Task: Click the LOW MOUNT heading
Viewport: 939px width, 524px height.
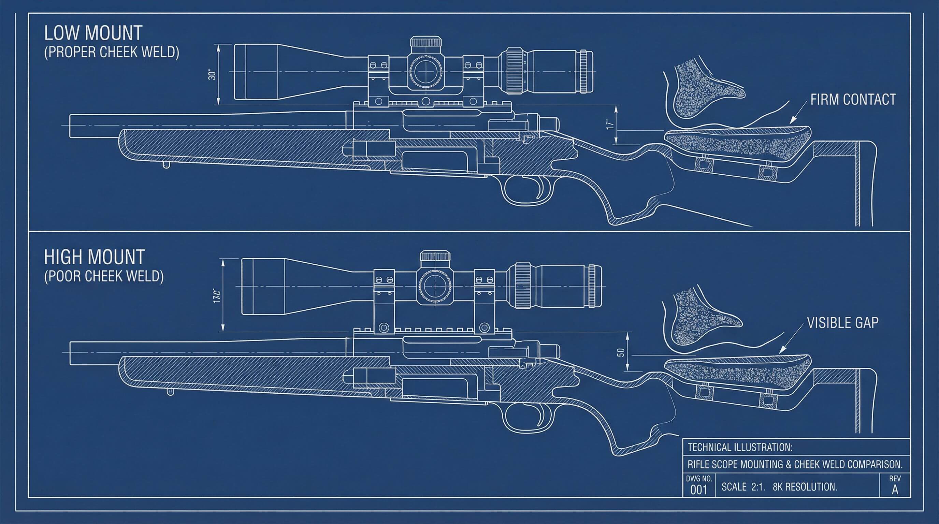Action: (93, 33)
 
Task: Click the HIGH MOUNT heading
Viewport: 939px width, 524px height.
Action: (95, 257)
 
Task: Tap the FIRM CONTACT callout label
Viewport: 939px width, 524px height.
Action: (853, 100)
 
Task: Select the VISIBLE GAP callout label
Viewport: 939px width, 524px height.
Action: (843, 323)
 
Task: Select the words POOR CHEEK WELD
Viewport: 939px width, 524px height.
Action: (104, 276)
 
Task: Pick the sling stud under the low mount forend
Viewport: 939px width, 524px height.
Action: (166, 165)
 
